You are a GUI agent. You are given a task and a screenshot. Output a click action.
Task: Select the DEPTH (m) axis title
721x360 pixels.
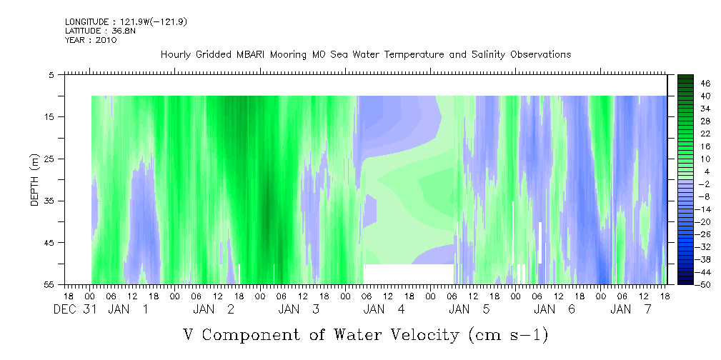coord(35,180)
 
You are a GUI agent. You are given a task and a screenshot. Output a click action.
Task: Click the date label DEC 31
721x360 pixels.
coord(76,309)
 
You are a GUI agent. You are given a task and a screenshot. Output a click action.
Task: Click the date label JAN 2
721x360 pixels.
coord(214,309)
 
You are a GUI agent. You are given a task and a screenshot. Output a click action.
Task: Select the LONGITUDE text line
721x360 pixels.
coord(126,21)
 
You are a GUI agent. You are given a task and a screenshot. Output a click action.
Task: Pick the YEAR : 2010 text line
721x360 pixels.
coord(91,40)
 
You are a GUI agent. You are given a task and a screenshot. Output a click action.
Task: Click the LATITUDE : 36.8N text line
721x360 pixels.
coord(100,31)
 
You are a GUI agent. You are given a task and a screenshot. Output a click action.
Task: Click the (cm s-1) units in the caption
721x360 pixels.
coord(509,335)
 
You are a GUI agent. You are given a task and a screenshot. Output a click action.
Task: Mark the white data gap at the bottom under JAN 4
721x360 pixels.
coord(409,274)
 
